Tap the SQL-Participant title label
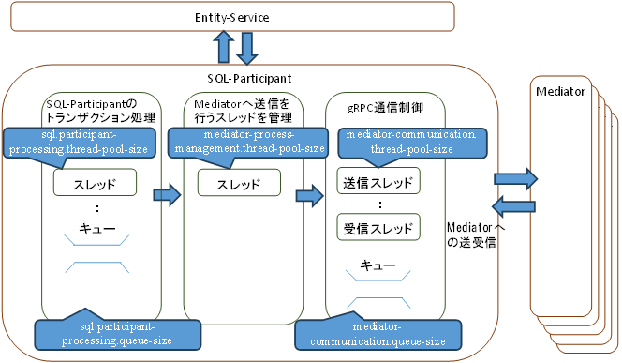pos(248,78)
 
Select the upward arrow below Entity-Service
pos(225,45)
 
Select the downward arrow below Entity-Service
pos(247,45)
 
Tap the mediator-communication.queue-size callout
pos(378,333)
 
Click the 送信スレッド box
pos(374,180)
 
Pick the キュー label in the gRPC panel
pos(377,263)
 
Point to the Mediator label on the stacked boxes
pos(560,91)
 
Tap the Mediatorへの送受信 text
pos(477,234)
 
